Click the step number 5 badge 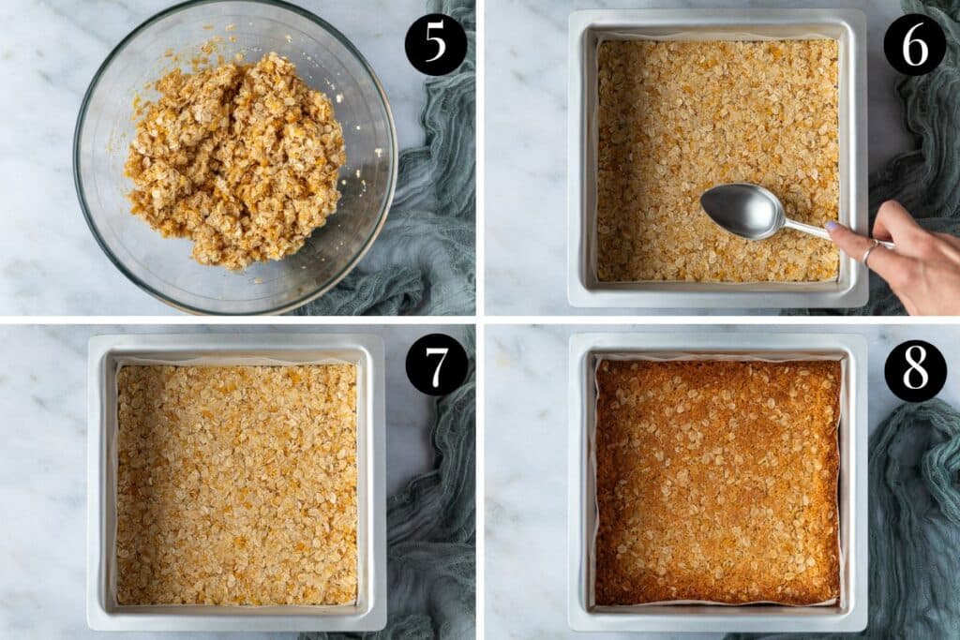[x=436, y=44]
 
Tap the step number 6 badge [x=915, y=44]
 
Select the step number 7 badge [x=436, y=365]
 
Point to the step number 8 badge [x=915, y=370]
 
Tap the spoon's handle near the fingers [x=811, y=228]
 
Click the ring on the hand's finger [x=869, y=251]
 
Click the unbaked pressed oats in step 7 [x=236, y=483]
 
